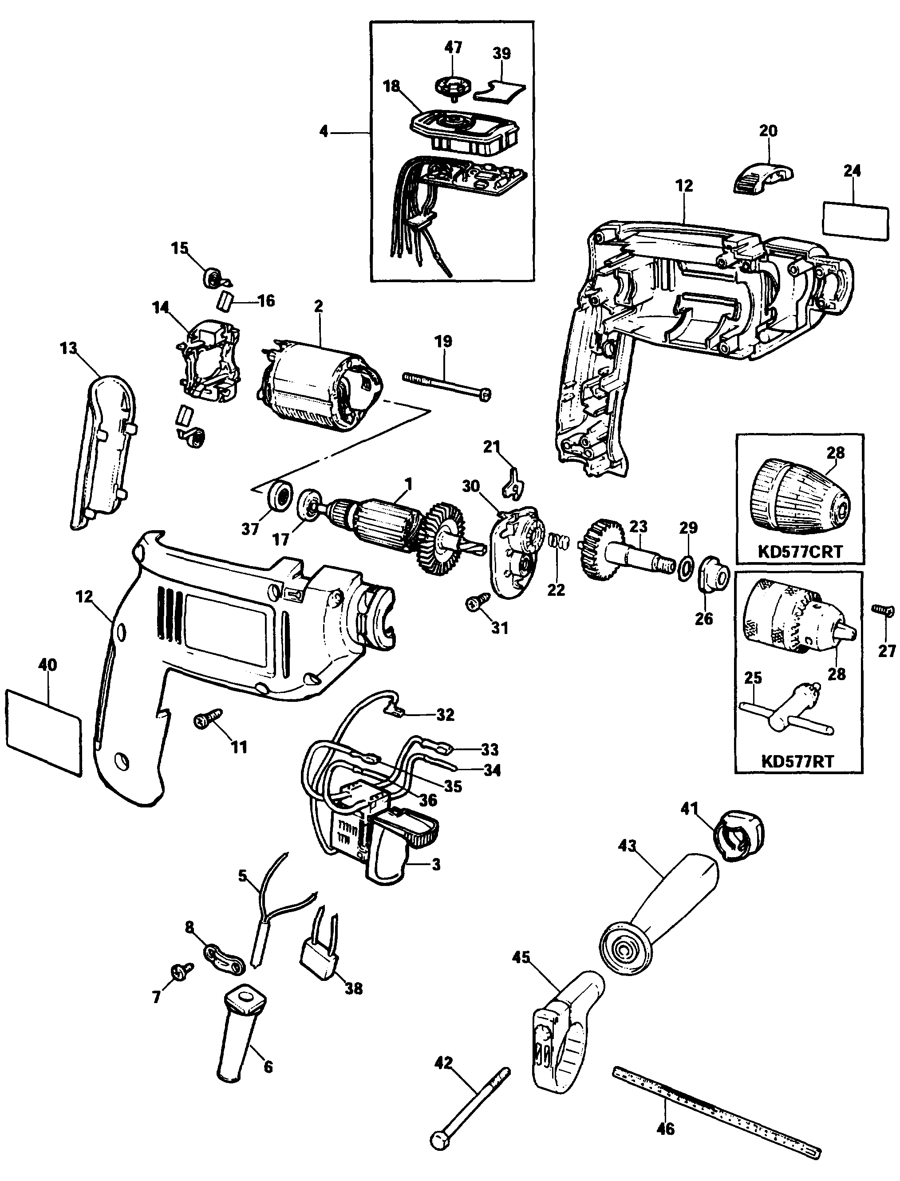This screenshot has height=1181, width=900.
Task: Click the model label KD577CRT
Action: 800,551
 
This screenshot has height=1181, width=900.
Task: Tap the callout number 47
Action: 453,47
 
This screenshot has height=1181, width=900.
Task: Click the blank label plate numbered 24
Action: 854,220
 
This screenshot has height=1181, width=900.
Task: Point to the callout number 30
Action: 470,486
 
